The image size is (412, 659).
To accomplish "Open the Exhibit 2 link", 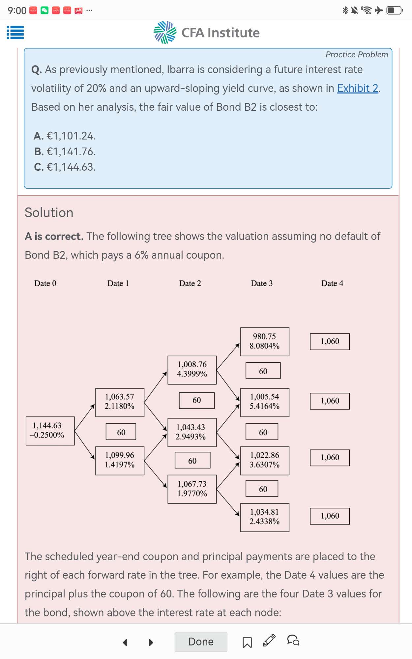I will [358, 88].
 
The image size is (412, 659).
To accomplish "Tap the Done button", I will [201, 642].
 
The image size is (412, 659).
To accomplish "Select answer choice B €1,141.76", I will [65, 152].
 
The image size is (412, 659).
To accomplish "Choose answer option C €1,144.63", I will [65, 167].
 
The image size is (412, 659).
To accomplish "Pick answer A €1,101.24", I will [65, 136].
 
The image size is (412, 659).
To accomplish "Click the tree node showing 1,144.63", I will [50, 431].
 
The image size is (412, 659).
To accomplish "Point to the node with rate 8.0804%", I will [265, 342].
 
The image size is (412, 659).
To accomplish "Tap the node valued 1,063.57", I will [120, 402].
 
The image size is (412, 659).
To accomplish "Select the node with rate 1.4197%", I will [120, 461].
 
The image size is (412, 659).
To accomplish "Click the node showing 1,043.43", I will [192, 432].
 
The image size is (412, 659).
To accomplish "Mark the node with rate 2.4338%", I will [265, 517].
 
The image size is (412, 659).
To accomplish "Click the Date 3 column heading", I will [262, 283].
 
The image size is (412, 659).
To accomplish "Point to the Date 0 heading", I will [45, 283].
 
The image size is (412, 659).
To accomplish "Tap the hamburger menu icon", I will [15, 33].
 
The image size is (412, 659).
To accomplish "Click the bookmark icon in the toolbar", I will [247, 642].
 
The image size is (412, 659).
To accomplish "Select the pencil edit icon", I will [269, 640].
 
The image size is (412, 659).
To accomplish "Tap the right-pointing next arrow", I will [151, 642].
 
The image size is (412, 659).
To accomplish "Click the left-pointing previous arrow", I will [125, 642].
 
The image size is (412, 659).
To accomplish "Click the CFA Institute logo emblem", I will [165, 32].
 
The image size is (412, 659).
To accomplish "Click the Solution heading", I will [49, 213].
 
